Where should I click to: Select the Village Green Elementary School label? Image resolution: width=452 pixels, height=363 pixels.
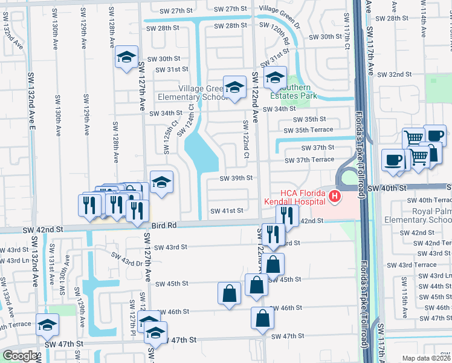click(x=192, y=93)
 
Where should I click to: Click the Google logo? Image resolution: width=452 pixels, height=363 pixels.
click(x=19, y=356)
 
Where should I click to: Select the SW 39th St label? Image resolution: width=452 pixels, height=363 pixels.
click(x=236, y=178)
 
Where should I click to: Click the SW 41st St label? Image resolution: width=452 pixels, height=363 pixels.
click(x=226, y=211)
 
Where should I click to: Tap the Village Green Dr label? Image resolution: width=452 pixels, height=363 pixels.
click(x=279, y=9)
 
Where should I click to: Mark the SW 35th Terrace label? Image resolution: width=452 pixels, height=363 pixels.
click(x=308, y=129)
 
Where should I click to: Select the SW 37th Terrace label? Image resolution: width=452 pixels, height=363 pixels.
click(x=309, y=159)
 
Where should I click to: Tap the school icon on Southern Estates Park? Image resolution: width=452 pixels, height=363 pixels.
click(x=275, y=77)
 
